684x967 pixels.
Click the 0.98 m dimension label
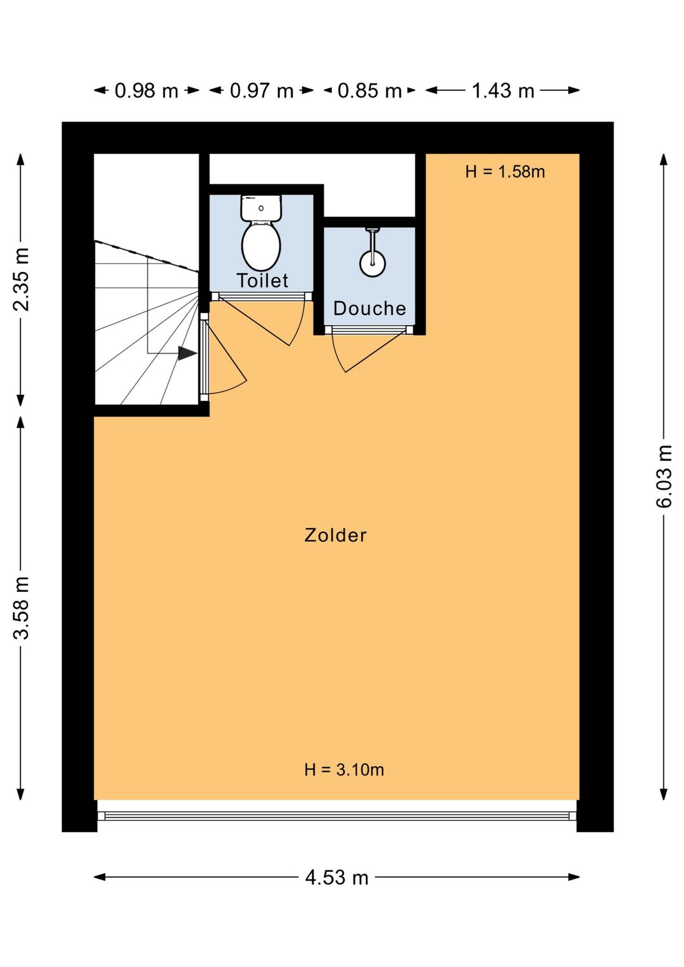pyautogui.click(x=146, y=91)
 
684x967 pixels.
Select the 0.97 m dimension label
pyautogui.click(x=262, y=91)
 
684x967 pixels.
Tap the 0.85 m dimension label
pyautogui.click(x=369, y=91)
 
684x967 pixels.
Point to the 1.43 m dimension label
pyautogui.click(x=503, y=91)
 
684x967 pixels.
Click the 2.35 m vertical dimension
pyautogui.click(x=21, y=279)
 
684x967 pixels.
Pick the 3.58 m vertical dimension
pyautogui.click(x=21, y=607)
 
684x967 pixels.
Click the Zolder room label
pyautogui.click(x=335, y=535)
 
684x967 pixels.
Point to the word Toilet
pyautogui.click(x=262, y=281)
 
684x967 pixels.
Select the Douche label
pyautogui.click(x=370, y=308)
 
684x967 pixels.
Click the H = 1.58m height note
pyautogui.click(x=505, y=172)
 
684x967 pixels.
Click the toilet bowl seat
pyautogui.click(x=261, y=247)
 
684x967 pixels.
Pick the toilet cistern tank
pyautogui.click(x=261, y=208)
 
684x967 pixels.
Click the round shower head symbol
pyautogui.click(x=372, y=264)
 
